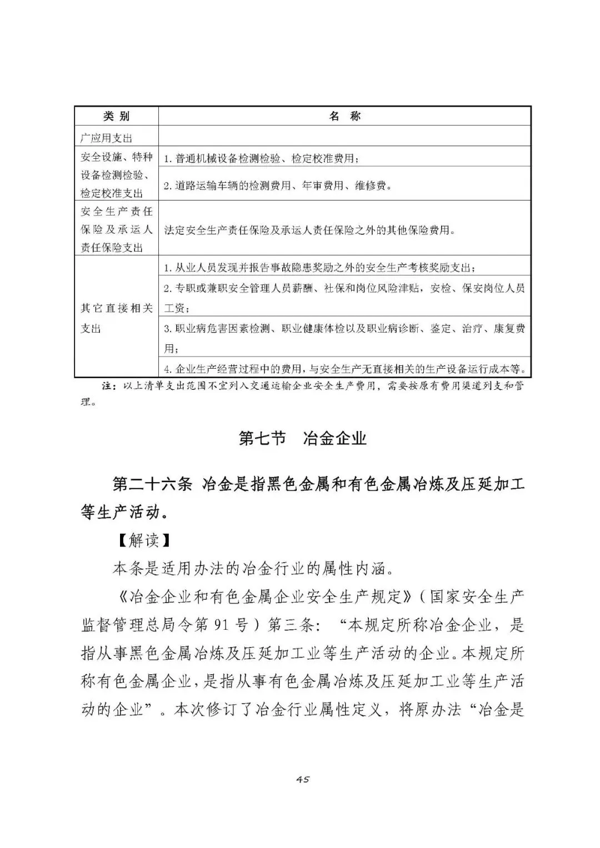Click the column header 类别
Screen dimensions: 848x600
coord(117,116)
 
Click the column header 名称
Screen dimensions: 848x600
coord(344,116)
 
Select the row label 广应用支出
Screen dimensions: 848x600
coord(107,138)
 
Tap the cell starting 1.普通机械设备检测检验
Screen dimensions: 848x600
coord(261,158)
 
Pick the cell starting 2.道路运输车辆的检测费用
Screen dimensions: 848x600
coord(278,185)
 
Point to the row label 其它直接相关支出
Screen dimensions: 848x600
coord(117,318)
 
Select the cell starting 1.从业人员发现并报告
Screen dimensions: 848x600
coord(319,268)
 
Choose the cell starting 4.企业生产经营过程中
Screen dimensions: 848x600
coord(344,369)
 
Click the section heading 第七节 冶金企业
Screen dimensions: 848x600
coord(303,438)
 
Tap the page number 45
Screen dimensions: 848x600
coord(303,779)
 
